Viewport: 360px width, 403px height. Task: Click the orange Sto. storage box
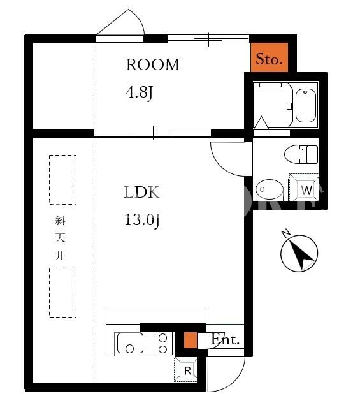click(x=269, y=57)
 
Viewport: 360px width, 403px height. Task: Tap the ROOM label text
click(x=153, y=64)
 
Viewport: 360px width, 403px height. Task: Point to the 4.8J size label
click(x=140, y=92)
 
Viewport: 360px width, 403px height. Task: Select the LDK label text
click(x=141, y=192)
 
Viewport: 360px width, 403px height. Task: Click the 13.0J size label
click(x=143, y=220)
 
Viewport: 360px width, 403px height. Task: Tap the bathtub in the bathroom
click(x=306, y=105)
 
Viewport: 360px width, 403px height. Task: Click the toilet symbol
click(x=301, y=154)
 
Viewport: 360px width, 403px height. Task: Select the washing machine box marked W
click(x=305, y=187)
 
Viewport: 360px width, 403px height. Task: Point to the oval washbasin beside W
click(x=270, y=190)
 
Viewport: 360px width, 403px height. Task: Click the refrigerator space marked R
click(x=185, y=370)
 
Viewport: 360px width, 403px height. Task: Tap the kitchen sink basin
click(x=130, y=343)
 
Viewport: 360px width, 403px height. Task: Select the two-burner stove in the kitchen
click(x=162, y=344)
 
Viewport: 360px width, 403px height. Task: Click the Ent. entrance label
click(x=225, y=340)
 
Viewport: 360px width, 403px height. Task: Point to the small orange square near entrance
click(x=191, y=341)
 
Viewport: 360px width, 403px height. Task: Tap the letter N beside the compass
click(x=285, y=233)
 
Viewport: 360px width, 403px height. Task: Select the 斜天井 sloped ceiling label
click(x=60, y=238)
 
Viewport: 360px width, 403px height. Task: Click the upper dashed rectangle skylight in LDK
click(x=63, y=180)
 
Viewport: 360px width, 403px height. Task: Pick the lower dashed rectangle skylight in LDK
click(x=63, y=293)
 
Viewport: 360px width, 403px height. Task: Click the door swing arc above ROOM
click(x=139, y=19)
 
